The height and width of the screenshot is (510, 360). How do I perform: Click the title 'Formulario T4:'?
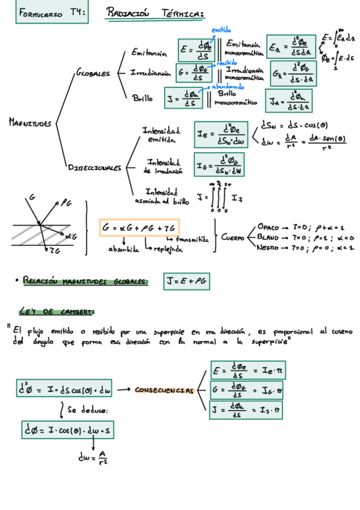[x=52, y=13]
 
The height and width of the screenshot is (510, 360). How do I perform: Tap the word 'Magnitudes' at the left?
[x=29, y=123]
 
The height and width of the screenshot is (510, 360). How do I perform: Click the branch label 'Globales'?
[x=93, y=74]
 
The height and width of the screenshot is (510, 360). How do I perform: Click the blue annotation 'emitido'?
[x=221, y=30]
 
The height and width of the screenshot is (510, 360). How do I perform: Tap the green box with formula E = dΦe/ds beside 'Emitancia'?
[x=196, y=50]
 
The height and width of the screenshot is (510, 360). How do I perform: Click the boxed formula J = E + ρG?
[x=186, y=280]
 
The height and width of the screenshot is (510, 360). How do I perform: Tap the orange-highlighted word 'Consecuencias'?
[x=163, y=390]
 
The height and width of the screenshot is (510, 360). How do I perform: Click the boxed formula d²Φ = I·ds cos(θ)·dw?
[x=65, y=390]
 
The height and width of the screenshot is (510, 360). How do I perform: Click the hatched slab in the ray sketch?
[x=38, y=233]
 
